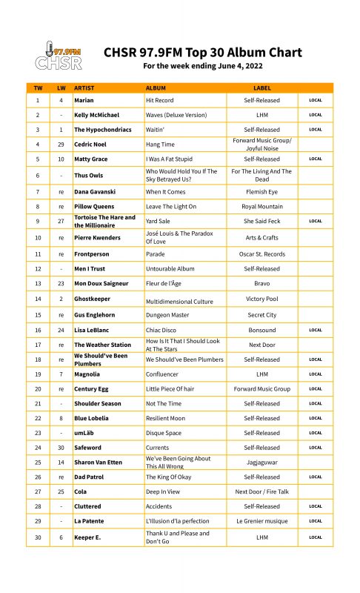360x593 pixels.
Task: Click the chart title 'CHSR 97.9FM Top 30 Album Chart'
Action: point(203,52)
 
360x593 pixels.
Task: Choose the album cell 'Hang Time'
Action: point(160,144)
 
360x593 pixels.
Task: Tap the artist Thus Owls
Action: point(90,175)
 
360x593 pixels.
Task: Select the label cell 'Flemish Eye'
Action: point(261,191)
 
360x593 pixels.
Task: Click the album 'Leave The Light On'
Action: point(171,206)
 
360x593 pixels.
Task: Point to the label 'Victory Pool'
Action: point(261,299)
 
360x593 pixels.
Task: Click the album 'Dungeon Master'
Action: point(168,315)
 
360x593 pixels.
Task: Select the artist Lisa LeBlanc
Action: point(93,330)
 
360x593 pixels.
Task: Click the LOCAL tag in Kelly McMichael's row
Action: point(316,115)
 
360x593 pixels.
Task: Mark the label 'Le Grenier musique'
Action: point(261,521)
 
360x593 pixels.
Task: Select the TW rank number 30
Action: point(37,537)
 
